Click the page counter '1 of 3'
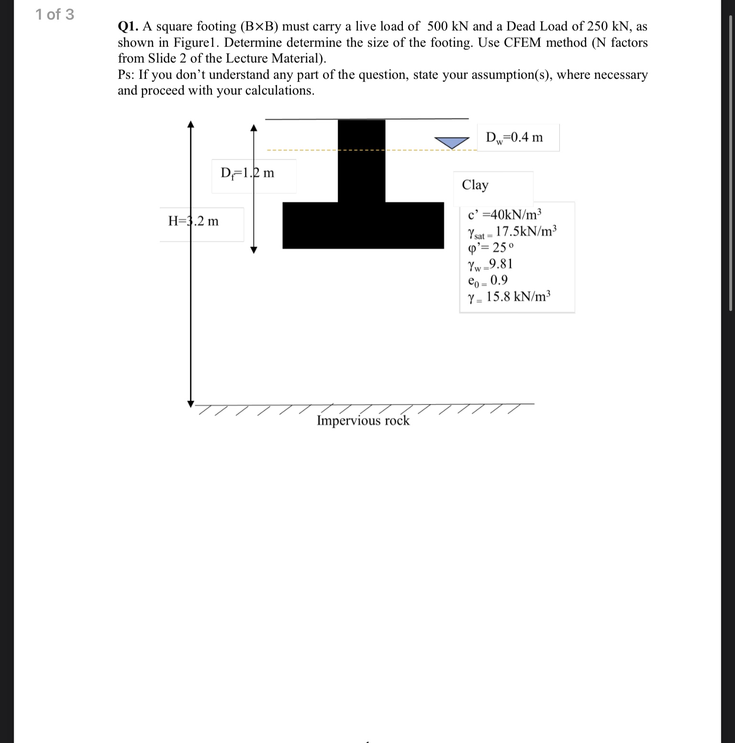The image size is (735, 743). pyautogui.click(x=55, y=15)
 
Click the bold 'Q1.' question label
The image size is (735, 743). pyautogui.click(x=128, y=26)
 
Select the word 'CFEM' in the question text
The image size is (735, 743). pyautogui.click(x=522, y=43)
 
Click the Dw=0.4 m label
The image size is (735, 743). pyautogui.click(x=514, y=137)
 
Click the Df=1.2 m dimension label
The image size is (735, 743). pyautogui.click(x=247, y=173)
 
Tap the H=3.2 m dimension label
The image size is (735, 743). pyautogui.click(x=193, y=221)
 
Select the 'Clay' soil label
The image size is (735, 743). pyautogui.click(x=475, y=185)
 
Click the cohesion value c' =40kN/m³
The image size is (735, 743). pyautogui.click(x=504, y=214)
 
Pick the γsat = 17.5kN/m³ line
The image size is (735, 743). pyautogui.click(x=512, y=232)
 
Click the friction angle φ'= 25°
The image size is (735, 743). pyautogui.click(x=490, y=248)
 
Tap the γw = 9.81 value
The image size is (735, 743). pyautogui.click(x=490, y=264)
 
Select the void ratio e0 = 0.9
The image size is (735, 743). pyautogui.click(x=488, y=280)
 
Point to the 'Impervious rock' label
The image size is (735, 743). pyautogui.click(x=363, y=421)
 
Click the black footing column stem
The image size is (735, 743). pyautogui.click(x=361, y=160)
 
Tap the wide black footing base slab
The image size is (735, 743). pyautogui.click(x=363, y=225)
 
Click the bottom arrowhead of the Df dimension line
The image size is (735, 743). pyautogui.click(x=254, y=250)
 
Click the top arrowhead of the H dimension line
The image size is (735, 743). pyautogui.click(x=190, y=124)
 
